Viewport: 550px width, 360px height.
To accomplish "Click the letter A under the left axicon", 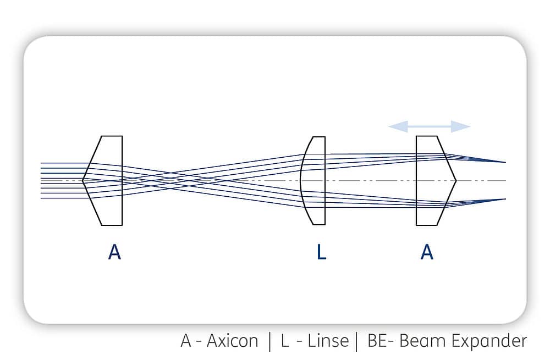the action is click(x=115, y=252).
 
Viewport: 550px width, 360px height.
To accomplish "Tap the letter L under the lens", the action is click(x=321, y=252).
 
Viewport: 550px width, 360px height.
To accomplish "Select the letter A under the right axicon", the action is click(x=427, y=252).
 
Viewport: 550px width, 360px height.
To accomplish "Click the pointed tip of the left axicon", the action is click(x=83, y=180).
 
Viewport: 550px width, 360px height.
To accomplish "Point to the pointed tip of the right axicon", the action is click(x=455, y=181).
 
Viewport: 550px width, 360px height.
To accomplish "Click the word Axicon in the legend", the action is click(x=232, y=341).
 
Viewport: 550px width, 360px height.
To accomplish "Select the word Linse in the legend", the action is click(x=328, y=341).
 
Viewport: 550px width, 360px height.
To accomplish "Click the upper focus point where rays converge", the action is click(x=505, y=162).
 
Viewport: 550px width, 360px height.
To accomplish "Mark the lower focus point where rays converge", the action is click(x=505, y=199).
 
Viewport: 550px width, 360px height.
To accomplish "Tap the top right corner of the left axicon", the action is click(x=122, y=136).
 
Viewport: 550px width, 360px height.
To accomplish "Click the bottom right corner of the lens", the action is click(x=325, y=224).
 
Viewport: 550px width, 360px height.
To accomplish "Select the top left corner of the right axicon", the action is click(x=416, y=136).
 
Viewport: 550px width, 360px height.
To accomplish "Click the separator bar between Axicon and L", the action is click(x=269, y=341).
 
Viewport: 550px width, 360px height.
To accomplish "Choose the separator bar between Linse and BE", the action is click(x=357, y=341).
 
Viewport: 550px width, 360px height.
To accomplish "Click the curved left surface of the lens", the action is click(x=301, y=180).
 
